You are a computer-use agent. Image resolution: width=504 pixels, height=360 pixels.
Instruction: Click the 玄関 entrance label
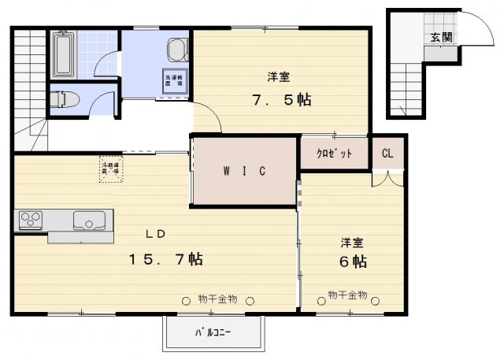click(441, 37)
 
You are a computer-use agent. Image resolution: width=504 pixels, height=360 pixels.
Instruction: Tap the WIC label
click(243, 171)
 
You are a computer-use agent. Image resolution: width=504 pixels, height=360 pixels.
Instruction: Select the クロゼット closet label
click(334, 154)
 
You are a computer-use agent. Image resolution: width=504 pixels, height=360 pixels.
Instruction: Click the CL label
click(387, 154)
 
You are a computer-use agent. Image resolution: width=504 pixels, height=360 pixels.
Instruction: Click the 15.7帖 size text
click(166, 258)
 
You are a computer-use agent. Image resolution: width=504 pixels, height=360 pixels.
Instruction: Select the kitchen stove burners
click(31, 219)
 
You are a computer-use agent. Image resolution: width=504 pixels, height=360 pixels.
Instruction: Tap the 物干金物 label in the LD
click(218, 299)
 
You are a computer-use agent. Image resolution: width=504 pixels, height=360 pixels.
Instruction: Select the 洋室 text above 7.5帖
click(277, 77)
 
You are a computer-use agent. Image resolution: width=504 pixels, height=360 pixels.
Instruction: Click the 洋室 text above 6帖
click(351, 241)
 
